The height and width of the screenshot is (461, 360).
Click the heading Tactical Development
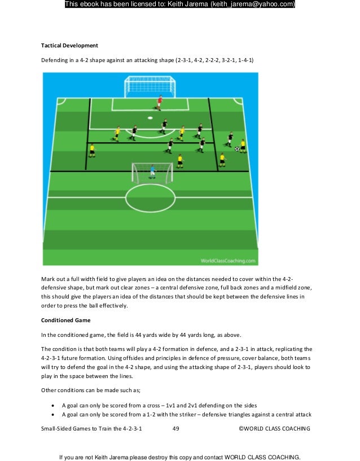point(69,45)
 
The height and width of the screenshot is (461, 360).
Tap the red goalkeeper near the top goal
point(160,102)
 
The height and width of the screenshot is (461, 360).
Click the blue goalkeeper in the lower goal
point(152,171)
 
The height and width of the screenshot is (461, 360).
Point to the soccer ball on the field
point(237,149)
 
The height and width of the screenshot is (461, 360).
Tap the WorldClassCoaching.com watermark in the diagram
point(228,261)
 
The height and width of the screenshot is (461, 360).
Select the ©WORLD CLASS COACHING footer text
point(274,429)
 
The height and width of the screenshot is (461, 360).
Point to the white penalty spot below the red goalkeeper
point(150,118)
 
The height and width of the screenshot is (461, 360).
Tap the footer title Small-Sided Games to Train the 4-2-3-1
point(91,429)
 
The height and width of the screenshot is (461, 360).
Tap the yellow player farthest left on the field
point(92,150)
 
